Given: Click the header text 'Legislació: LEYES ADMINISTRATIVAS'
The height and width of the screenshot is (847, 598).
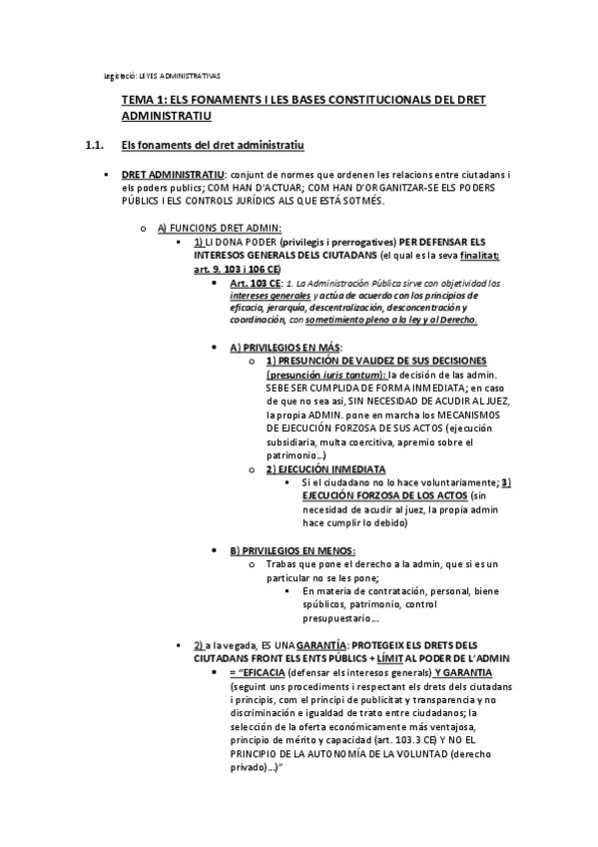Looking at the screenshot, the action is point(163,76).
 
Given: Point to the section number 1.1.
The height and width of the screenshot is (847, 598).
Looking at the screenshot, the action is point(96,147).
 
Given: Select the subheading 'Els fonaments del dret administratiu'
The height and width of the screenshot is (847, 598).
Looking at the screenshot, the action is point(206,147).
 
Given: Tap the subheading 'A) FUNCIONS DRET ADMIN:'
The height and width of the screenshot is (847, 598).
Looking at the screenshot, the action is point(220,228).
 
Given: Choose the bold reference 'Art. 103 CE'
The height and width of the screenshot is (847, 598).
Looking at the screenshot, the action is point(256,284).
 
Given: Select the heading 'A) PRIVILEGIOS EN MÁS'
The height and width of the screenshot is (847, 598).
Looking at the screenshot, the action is point(285,347).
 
